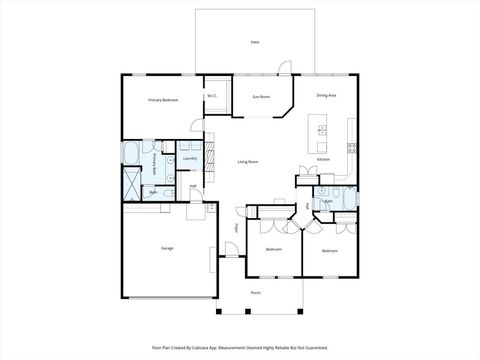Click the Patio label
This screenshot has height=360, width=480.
click(x=255, y=42)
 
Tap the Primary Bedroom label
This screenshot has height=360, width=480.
click(x=162, y=100)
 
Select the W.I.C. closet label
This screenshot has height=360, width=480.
click(x=212, y=96)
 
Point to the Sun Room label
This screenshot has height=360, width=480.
click(x=261, y=97)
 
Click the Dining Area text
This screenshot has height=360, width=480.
click(x=326, y=96)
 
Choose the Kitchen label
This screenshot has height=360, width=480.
click(x=323, y=160)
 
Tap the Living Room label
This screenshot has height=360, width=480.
click(x=248, y=161)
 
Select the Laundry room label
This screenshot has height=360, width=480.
click(x=189, y=158)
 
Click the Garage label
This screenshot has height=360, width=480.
click(x=166, y=247)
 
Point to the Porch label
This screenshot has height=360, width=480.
click(x=256, y=293)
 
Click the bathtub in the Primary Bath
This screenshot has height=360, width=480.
click(x=131, y=153)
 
